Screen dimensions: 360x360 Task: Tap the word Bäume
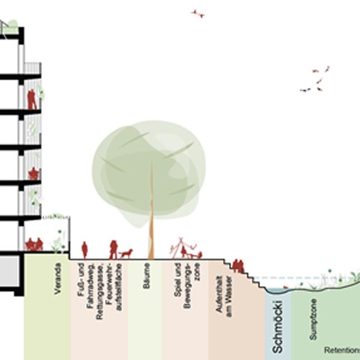click(x=146, y=276)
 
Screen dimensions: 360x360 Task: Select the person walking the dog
click(x=113, y=249)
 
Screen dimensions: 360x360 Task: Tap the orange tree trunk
click(x=151, y=224)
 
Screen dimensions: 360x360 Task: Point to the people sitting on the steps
click(x=238, y=266)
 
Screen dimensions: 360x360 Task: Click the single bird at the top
click(x=198, y=13)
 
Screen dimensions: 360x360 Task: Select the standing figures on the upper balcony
click(x=32, y=99)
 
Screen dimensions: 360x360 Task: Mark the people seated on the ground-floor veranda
click(x=35, y=244)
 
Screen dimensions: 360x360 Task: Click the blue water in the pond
click(x=276, y=291)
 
